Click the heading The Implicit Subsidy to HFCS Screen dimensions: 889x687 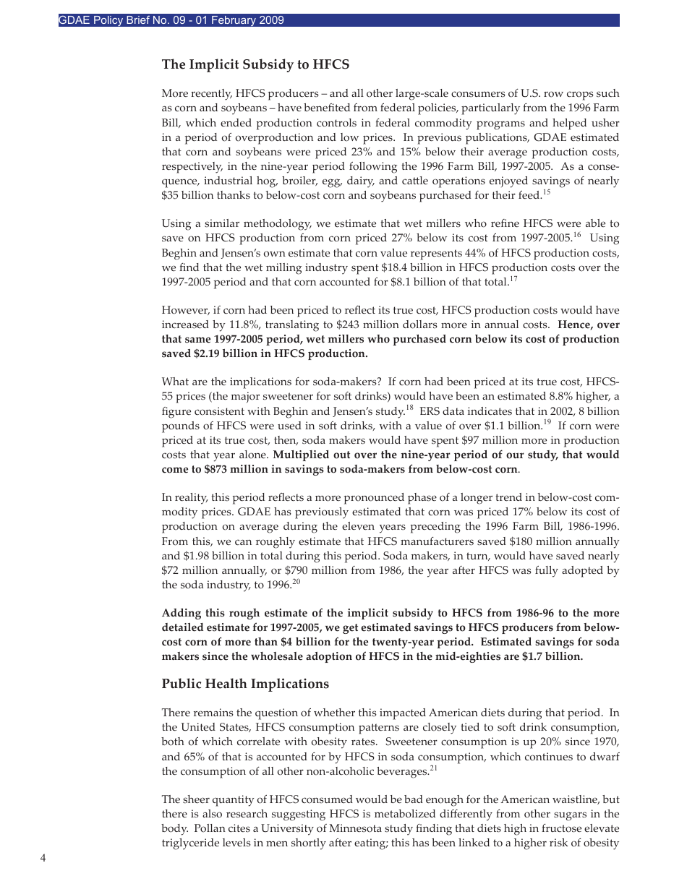pos(255,64)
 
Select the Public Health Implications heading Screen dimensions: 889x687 pos(245,684)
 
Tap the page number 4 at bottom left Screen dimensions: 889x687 pos(43,858)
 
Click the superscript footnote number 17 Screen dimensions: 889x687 pos(513,278)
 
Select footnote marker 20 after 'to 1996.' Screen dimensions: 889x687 pos(296,582)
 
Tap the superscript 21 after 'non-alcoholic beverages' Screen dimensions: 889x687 pos(434,768)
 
